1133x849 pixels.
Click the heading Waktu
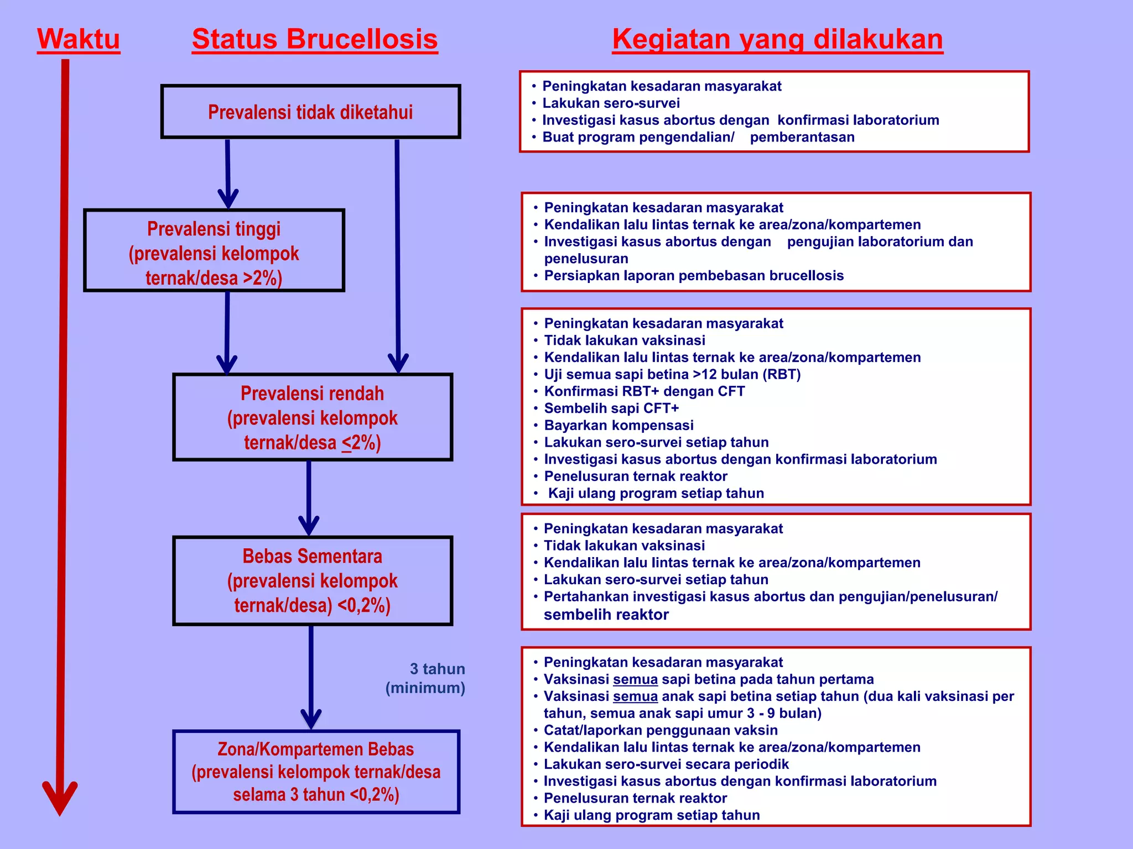(79, 40)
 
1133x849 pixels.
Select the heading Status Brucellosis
(315, 40)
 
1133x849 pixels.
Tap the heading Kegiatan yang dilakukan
(777, 40)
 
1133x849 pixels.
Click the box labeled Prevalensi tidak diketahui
(310, 112)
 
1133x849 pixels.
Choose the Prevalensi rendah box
(313, 418)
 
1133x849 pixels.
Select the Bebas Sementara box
(313, 580)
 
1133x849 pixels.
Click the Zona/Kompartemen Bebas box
(316, 772)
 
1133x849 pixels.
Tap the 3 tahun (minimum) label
(426, 678)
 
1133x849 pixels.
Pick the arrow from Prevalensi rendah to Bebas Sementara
(309, 497)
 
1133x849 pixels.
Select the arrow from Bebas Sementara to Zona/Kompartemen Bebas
(311, 677)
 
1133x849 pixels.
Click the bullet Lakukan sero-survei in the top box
(611, 103)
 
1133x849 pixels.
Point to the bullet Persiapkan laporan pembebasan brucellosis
(694, 276)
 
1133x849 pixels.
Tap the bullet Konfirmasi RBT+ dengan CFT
(645, 392)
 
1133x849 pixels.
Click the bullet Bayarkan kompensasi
(619, 426)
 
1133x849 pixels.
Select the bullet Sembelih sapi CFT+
(611, 408)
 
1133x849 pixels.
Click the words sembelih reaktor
(606, 615)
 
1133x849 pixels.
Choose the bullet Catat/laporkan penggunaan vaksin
(661, 730)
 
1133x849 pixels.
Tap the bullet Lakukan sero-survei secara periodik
(666, 764)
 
